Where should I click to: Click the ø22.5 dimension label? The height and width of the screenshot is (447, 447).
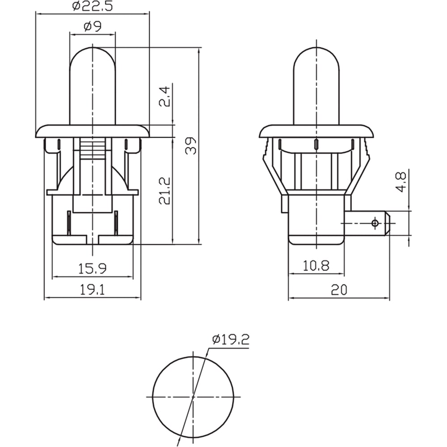point(93,6)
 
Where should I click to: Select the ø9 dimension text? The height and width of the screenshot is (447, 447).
point(93,26)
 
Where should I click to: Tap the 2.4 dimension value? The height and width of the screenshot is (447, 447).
point(165,97)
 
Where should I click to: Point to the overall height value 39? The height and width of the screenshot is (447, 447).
point(191,146)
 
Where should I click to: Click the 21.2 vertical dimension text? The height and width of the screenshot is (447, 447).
point(165,191)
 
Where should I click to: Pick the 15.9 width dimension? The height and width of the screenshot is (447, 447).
point(93,269)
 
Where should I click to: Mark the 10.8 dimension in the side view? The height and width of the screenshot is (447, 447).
point(316,266)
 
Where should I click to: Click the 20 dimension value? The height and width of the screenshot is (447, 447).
point(339,290)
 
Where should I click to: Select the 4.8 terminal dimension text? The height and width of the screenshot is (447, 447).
point(402,182)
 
